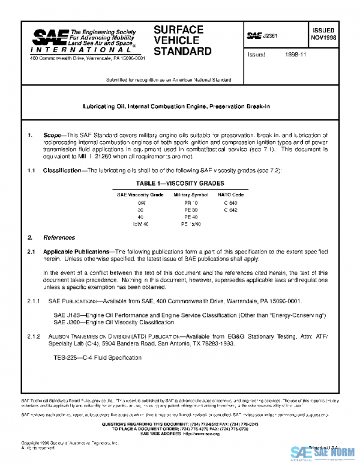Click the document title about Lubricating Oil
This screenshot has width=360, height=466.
tap(176, 106)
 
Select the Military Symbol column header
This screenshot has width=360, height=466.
tap(191, 195)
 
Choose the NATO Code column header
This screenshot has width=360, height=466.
tap(231, 195)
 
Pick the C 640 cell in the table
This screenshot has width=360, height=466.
tap(230, 203)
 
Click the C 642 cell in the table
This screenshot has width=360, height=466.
tap(230, 210)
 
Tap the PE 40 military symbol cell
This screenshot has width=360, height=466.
tap(191, 217)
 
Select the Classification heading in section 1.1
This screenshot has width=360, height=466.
tap(62, 171)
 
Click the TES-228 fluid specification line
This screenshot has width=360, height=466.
tap(89, 357)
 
